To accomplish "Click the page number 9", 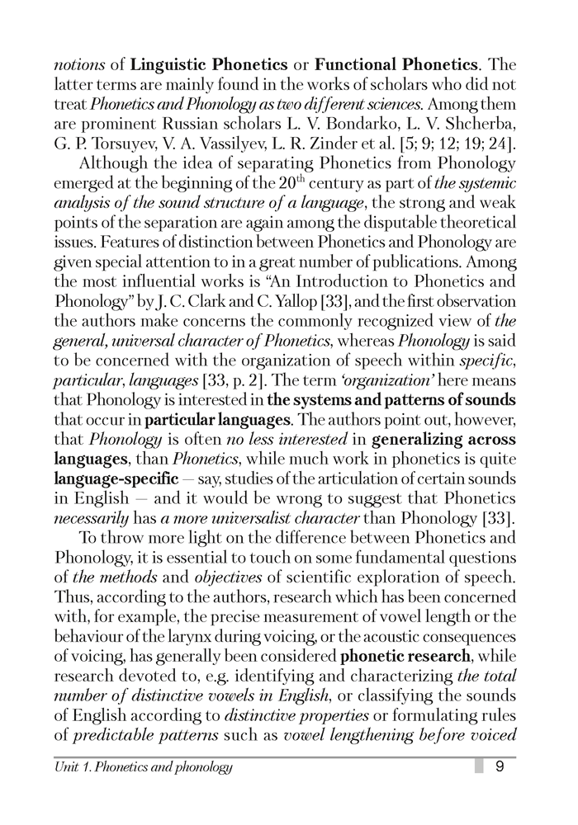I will [x=500, y=767].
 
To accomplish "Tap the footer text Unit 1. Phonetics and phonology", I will [x=143, y=768].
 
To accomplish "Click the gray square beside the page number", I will [x=479, y=767].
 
